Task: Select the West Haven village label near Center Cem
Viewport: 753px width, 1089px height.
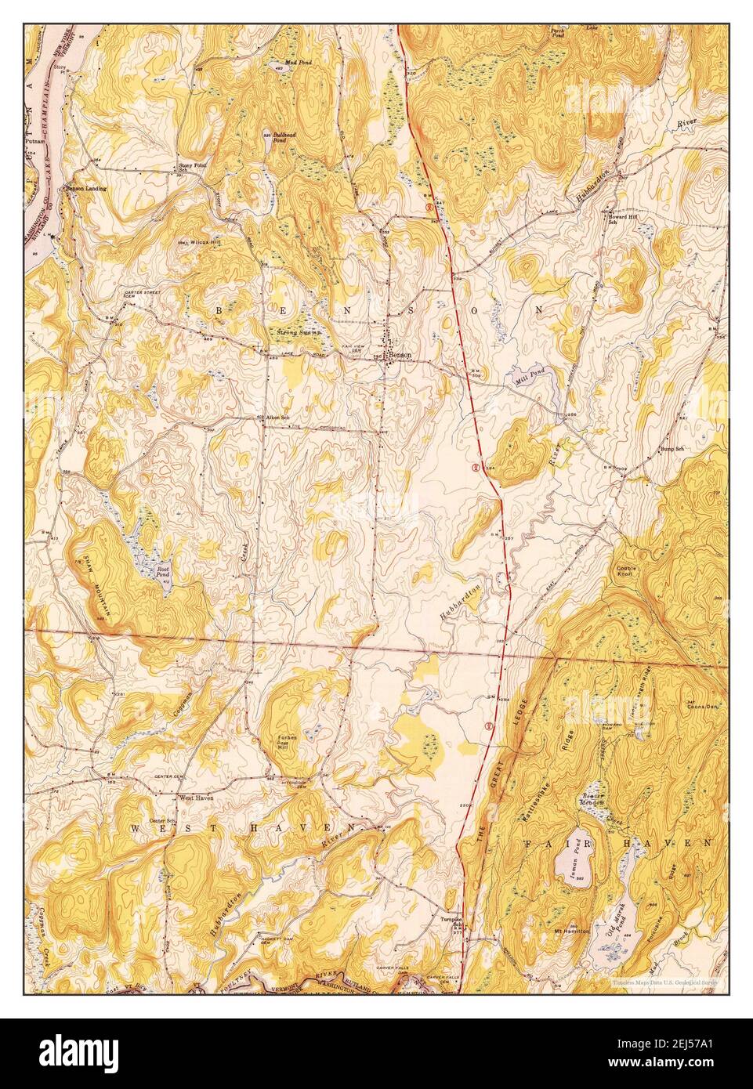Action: click(197, 798)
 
